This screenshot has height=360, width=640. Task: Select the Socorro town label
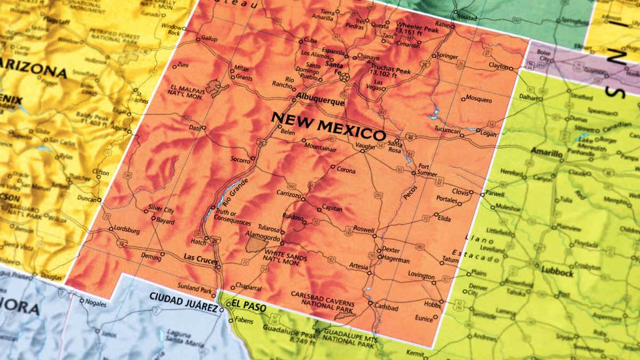242,159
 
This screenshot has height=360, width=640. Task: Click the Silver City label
161,210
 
